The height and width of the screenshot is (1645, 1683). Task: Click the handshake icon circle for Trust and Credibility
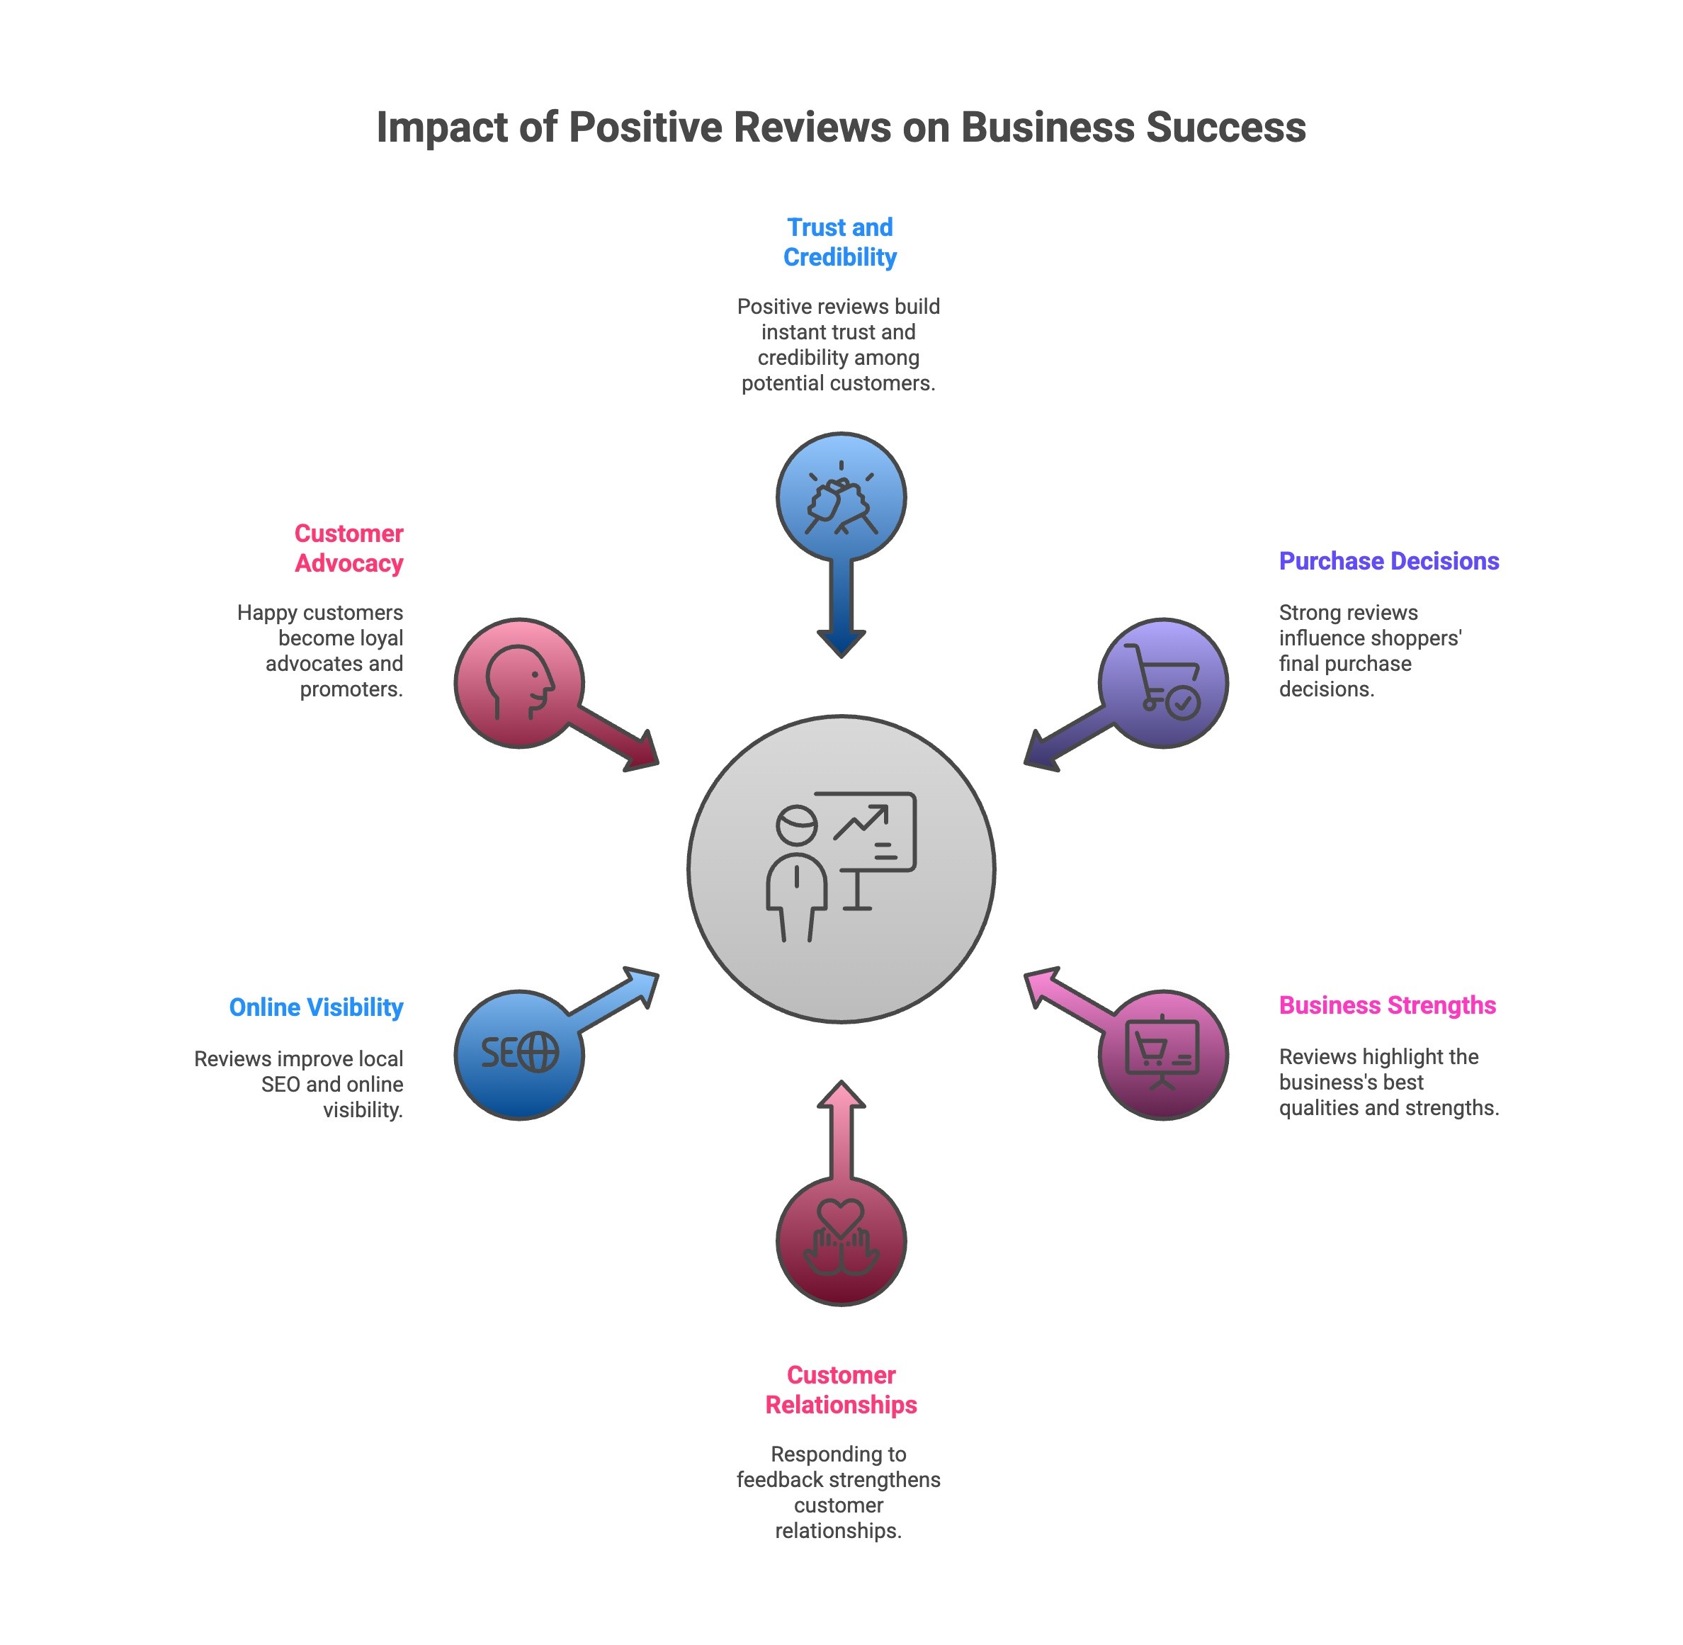[x=841, y=497]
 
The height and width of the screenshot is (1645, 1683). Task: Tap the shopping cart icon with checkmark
[x=1163, y=682]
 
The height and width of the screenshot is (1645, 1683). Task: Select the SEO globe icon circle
[x=519, y=1054]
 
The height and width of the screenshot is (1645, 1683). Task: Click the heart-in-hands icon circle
[x=841, y=1240]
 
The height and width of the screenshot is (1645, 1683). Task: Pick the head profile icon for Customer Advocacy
[x=519, y=682]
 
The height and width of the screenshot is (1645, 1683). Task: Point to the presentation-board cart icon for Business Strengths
[x=1163, y=1054]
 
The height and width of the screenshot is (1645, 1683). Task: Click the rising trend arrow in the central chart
[x=861, y=822]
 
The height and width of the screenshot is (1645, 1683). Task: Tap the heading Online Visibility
[x=315, y=1007]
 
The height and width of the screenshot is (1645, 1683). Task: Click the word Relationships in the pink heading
[x=841, y=1404]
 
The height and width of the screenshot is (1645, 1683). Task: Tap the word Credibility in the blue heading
[x=840, y=256]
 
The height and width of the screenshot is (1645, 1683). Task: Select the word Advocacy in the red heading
[x=349, y=563]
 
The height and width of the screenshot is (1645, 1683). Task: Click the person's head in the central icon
[x=795, y=824]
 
